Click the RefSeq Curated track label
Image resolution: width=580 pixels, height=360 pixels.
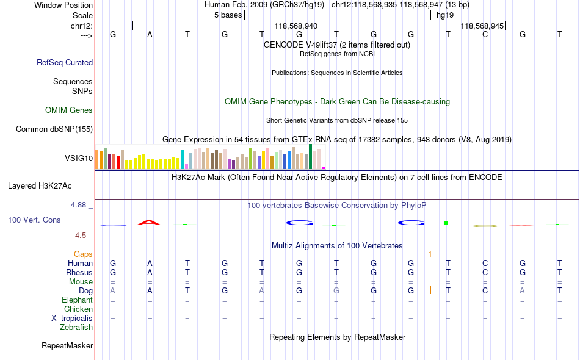[65, 62]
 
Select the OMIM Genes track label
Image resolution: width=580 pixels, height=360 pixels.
[69, 110]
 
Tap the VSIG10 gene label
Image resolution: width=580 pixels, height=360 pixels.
[79, 158]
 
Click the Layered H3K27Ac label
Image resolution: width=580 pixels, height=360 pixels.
[40, 186]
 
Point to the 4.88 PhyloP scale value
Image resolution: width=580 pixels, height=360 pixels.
[78, 205]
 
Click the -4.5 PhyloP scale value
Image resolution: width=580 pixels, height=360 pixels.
[79, 236]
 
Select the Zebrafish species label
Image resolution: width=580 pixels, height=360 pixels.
[76, 328]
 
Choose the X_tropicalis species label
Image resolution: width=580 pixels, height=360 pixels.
[72, 319]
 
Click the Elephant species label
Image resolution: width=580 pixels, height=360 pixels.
[77, 300]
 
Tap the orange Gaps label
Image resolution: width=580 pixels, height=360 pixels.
[83, 254]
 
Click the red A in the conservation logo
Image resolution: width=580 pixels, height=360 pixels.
[149, 223]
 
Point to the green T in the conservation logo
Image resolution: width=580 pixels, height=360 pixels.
[446, 223]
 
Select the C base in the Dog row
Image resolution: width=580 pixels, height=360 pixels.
[485, 290]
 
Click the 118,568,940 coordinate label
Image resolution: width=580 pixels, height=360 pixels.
[296, 26]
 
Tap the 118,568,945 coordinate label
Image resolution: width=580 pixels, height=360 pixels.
[482, 26]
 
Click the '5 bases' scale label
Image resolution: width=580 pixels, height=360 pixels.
[228, 15]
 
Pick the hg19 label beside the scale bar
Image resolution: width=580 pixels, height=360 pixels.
[445, 15]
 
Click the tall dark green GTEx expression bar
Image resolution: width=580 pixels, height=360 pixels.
[310, 157]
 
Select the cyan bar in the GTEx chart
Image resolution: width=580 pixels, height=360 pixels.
[182, 160]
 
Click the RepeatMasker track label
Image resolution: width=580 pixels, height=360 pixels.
[67, 345]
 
